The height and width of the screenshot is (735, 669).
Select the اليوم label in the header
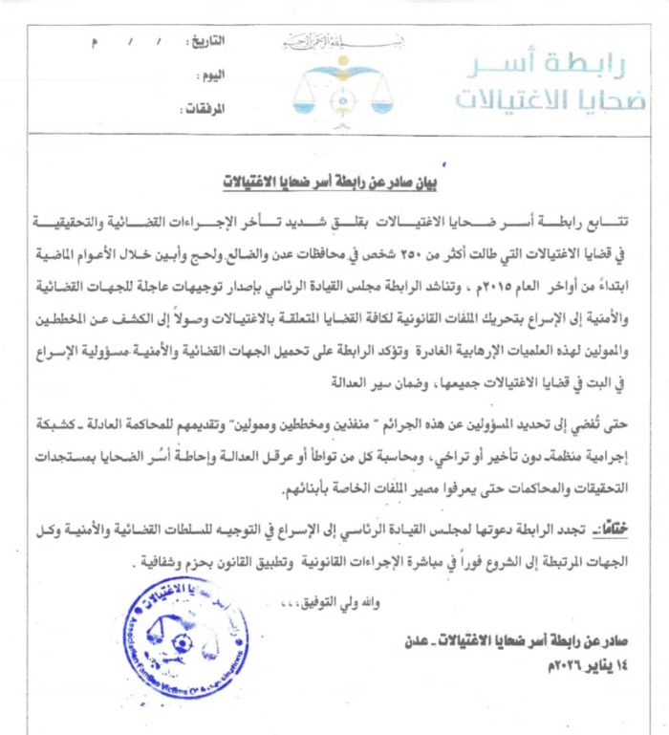(213, 75)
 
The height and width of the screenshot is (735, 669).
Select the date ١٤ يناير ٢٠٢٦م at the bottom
(481, 664)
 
